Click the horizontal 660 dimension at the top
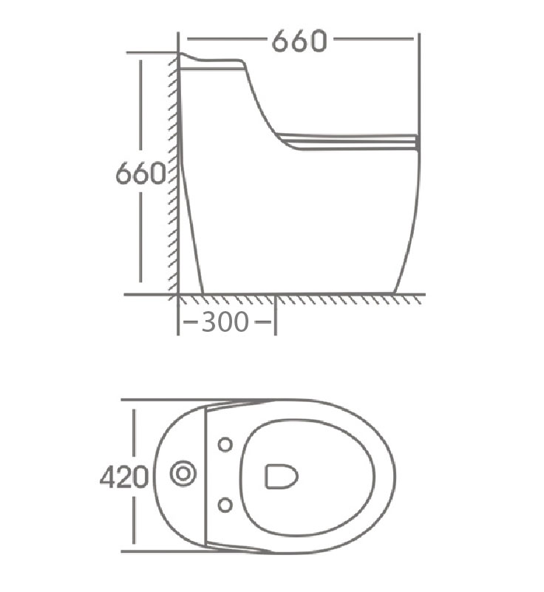tap(299, 41)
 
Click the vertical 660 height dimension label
tap(140, 174)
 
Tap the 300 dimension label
tap(225, 322)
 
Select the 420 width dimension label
tap(124, 477)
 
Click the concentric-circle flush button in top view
tap(183, 474)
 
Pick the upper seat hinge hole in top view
tap(225, 444)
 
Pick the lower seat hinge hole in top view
tap(225, 505)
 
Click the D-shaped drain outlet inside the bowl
tap(281, 476)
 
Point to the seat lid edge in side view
tap(347, 142)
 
